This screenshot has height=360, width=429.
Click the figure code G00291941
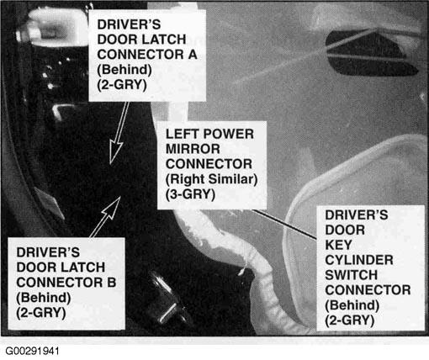32,351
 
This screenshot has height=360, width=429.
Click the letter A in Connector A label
193,55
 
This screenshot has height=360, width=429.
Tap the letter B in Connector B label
112,283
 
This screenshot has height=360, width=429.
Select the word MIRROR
193,149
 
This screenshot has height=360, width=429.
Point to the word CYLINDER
359,260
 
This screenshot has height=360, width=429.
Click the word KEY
338,245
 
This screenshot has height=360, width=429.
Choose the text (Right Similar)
211,179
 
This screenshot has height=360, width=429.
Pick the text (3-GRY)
190,194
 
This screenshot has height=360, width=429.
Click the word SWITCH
351,275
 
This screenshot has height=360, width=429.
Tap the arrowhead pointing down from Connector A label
115,151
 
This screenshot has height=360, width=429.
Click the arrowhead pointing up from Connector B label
113,208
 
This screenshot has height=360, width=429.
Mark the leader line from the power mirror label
284,224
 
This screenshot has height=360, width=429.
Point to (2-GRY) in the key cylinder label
349,320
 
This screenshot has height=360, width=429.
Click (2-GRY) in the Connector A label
122,85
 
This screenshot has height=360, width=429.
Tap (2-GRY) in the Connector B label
41,313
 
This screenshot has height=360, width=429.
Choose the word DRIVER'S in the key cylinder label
357,215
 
